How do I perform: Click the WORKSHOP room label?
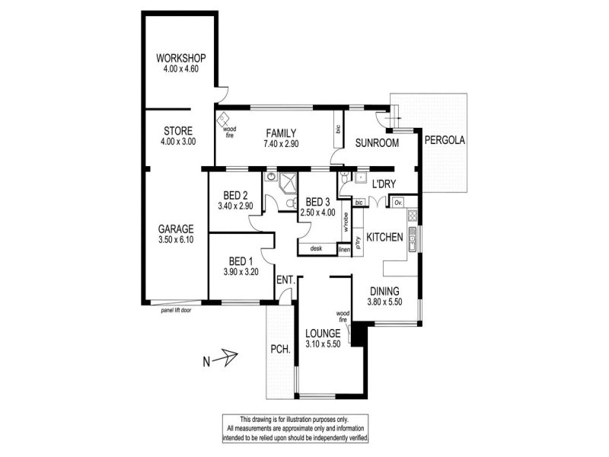click(x=181, y=59)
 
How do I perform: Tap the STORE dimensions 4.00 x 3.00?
click(x=178, y=142)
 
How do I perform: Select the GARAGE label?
click(x=176, y=229)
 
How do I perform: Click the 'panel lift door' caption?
click(x=177, y=311)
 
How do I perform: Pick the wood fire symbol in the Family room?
click(x=223, y=119)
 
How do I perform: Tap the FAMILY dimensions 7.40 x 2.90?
click(x=281, y=144)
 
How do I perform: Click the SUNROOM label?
click(x=377, y=143)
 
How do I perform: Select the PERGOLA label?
click(x=445, y=140)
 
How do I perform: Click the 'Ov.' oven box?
click(x=398, y=203)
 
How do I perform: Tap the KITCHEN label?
click(x=384, y=237)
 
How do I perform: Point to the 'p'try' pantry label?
click(x=358, y=243)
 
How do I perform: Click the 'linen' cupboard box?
click(x=345, y=250)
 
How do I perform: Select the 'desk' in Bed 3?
click(x=317, y=249)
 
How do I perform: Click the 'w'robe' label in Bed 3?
click(x=346, y=221)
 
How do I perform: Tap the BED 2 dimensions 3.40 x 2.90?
click(x=235, y=206)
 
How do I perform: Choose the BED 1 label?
click(x=241, y=261)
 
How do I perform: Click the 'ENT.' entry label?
click(x=286, y=280)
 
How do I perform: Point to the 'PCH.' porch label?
click(x=280, y=349)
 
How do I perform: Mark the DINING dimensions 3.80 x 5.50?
click(x=384, y=302)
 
